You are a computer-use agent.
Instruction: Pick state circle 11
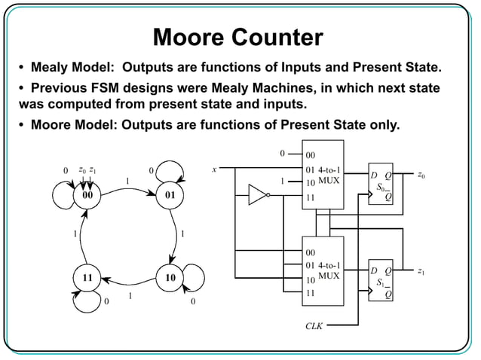(88, 278)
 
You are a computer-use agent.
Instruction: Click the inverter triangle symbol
(259, 197)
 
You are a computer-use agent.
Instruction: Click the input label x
(215, 169)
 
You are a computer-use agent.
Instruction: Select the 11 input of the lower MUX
(310, 294)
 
